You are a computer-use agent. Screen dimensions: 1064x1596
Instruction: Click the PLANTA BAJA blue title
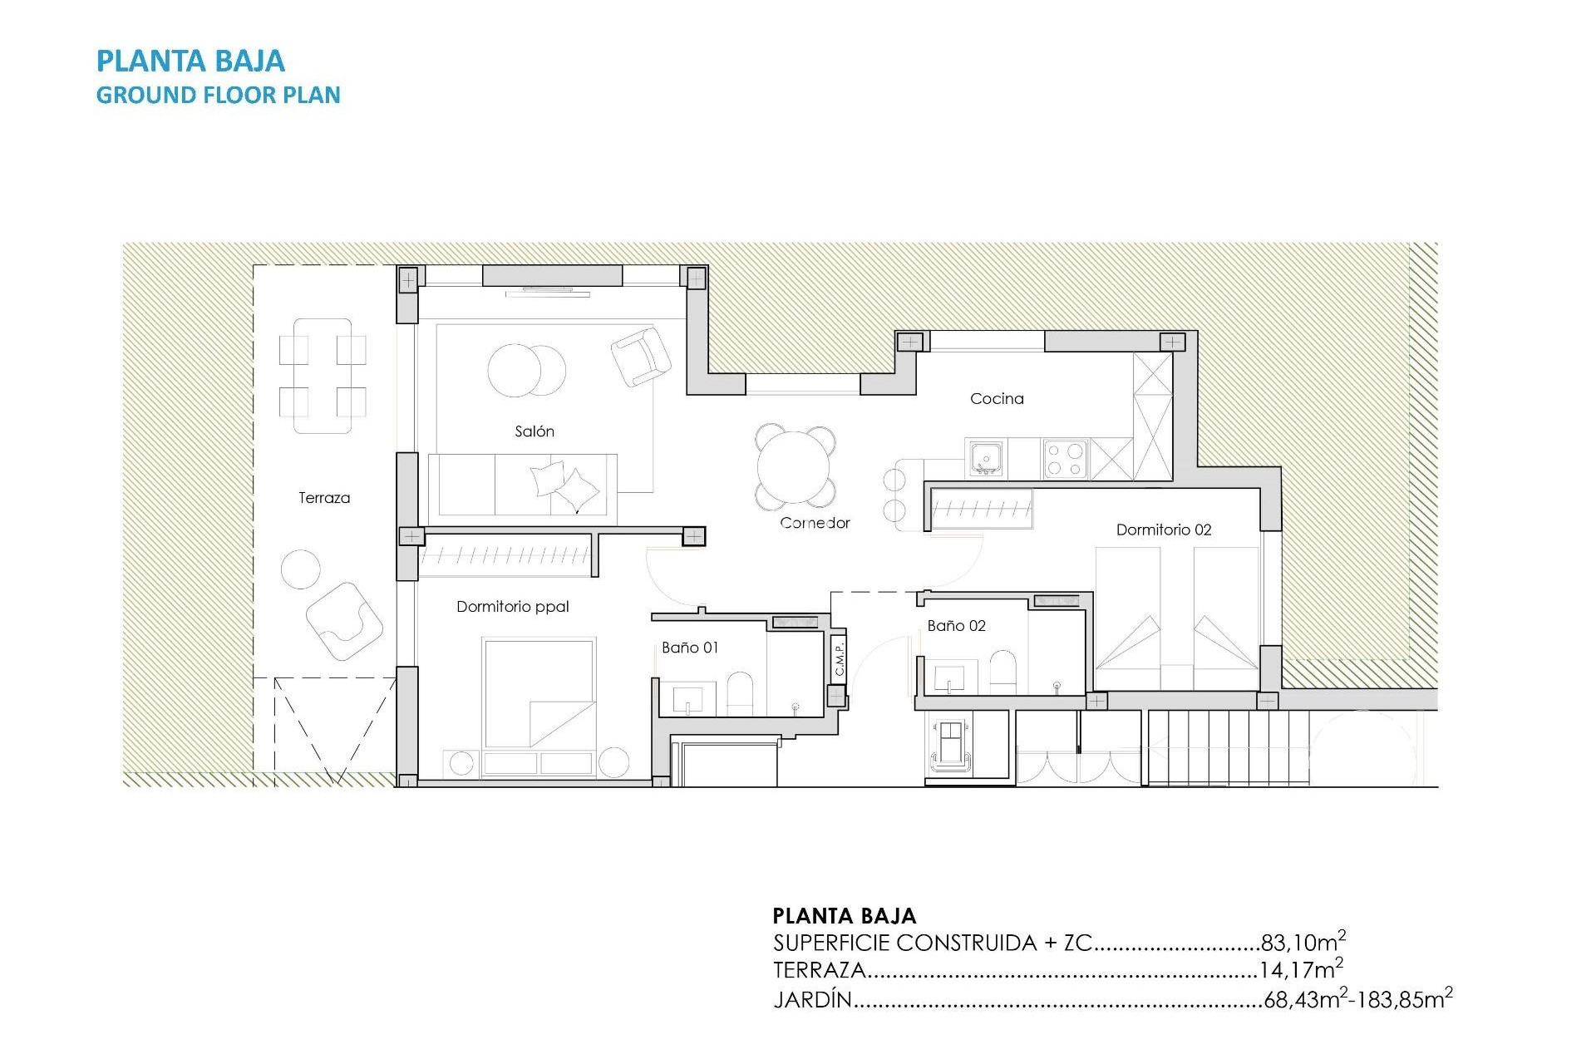tap(190, 61)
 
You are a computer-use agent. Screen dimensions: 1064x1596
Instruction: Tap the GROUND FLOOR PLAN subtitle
tap(218, 95)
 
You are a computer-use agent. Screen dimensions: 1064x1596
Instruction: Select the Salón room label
tap(534, 431)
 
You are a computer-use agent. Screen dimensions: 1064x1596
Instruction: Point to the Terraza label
tap(324, 498)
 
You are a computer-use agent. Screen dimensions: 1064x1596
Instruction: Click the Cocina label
tap(997, 399)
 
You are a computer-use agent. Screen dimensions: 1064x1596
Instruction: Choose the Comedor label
tap(815, 523)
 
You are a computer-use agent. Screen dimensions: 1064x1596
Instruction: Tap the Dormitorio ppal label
tap(512, 607)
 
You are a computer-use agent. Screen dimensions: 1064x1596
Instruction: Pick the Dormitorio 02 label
tap(1163, 530)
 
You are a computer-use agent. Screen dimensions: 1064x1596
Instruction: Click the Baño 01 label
tap(689, 648)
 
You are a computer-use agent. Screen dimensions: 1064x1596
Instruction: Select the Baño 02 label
tap(956, 626)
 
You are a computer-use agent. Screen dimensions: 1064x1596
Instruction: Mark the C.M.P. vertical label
tap(839, 657)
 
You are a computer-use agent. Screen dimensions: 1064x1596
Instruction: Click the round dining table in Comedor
tap(795, 467)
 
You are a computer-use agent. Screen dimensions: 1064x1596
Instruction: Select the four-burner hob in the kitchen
tap(1065, 459)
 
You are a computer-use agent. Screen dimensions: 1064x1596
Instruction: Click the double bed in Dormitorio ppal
tap(539, 694)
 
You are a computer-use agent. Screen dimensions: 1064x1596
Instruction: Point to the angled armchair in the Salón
tap(640, 356)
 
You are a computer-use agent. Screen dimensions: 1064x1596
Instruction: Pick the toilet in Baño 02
tap(1002, 670)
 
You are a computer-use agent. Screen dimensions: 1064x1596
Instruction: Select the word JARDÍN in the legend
tap(813, 999)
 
